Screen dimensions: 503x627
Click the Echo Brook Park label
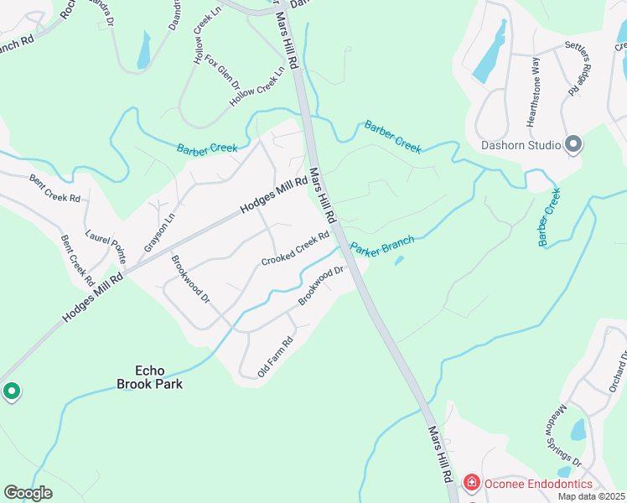(158, 377)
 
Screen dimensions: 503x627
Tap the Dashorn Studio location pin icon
(573, 145)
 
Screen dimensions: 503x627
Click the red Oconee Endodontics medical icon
(471, 483)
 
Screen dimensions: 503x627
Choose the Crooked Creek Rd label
(294, 249)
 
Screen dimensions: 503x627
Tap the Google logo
(28, 493)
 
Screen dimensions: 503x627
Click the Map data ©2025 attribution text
(591, 496)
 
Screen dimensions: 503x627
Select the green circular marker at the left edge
(12, 391)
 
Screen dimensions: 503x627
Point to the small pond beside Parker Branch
(399, 261)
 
